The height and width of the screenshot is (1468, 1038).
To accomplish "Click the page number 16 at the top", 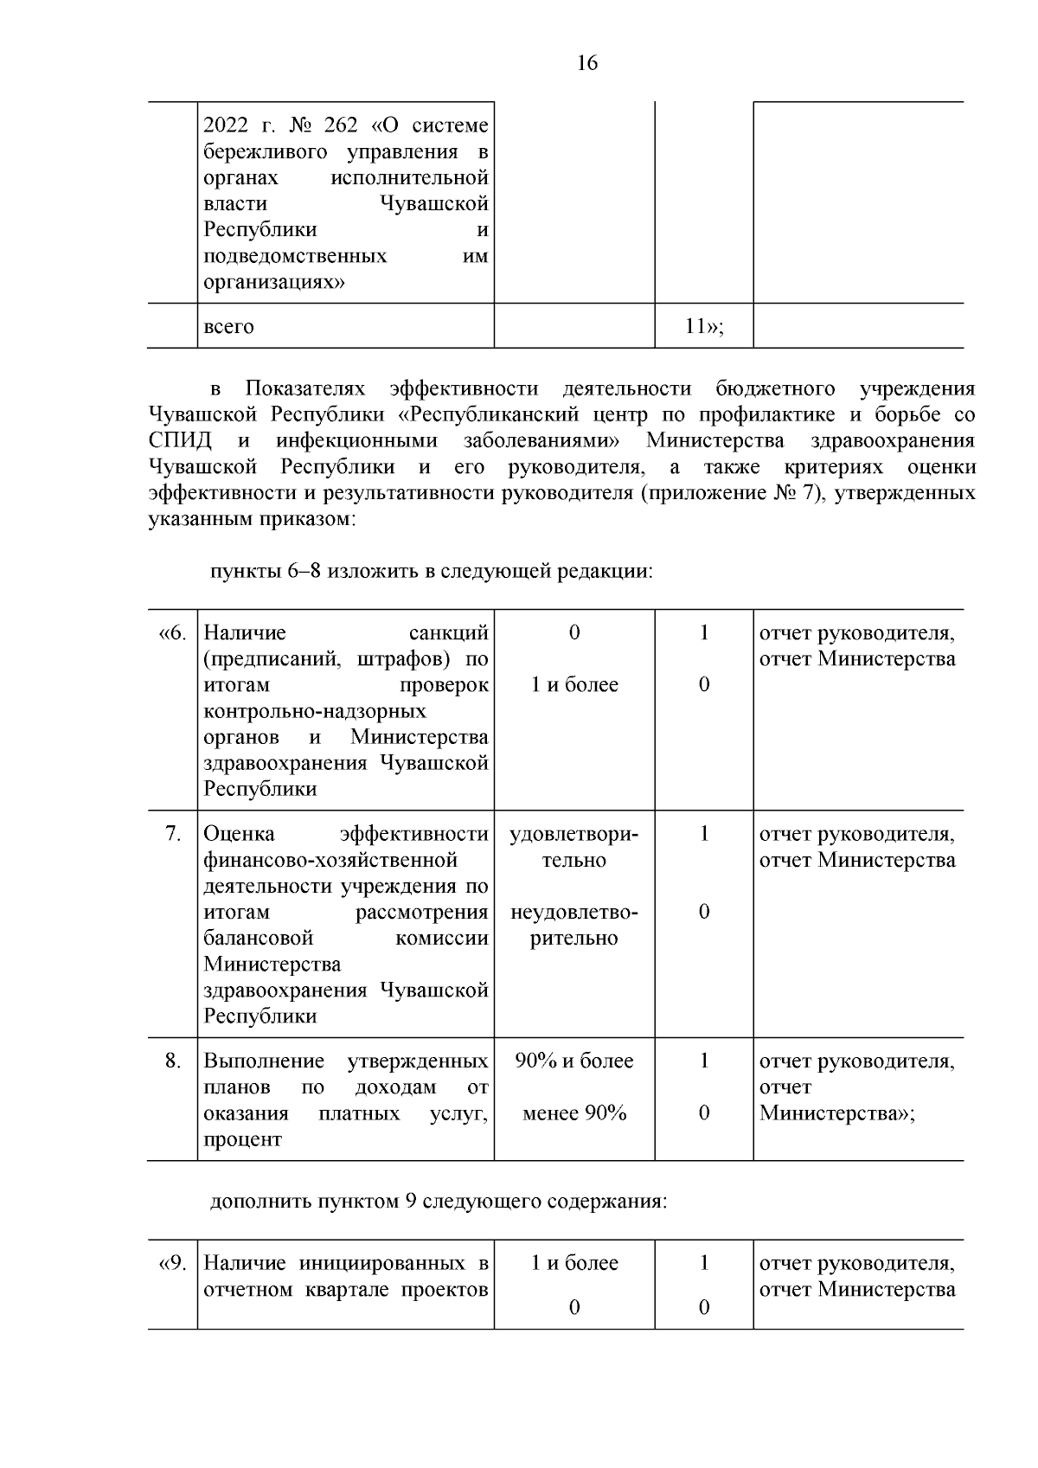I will [586, 63].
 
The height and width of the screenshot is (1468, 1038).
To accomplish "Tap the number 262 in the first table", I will [340, 126].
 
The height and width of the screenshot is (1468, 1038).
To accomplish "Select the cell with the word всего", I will [229, 327].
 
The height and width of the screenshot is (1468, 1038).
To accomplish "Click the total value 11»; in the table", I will [703, 327].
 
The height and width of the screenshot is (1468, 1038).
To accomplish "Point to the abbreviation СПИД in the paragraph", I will [180, 440].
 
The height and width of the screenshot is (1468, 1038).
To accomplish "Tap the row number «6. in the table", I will [172, 633].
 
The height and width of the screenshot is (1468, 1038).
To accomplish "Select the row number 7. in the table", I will [174, 834].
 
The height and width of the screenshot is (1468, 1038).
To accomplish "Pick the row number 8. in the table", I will [174, 1061].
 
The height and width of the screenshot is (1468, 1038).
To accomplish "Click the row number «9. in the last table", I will [172, 1263].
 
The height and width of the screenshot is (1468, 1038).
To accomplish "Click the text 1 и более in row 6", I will [574, 685].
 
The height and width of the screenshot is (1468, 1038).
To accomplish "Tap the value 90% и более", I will [574, 1061].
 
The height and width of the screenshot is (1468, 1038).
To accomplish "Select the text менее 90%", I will [574, 1113].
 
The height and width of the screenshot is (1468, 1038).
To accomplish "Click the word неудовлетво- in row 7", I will [574, 913].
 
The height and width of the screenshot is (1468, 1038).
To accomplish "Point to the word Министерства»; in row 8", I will [836, 1113].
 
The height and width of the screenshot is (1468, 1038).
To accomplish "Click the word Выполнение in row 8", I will [264, 1061].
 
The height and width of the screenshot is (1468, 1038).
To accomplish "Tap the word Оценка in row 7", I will [239, 834].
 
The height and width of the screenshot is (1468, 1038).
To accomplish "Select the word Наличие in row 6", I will [245, 633].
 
